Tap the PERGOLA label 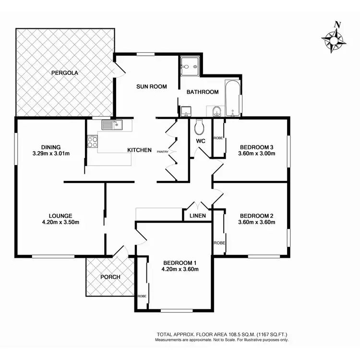click(65, 73)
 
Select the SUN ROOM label click(151, 87)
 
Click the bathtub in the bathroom click(233, 99)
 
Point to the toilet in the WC click(200, 127)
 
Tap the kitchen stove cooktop click(92, 142)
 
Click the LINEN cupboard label click(198, 216)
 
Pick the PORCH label click(110, 277)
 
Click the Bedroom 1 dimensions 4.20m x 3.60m click(180, 269)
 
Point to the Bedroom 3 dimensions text click(257, 154)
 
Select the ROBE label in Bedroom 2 click(219, 243)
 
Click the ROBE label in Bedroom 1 click(142, 296)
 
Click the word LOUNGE click(60, 216)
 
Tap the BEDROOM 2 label click(257, 216)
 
